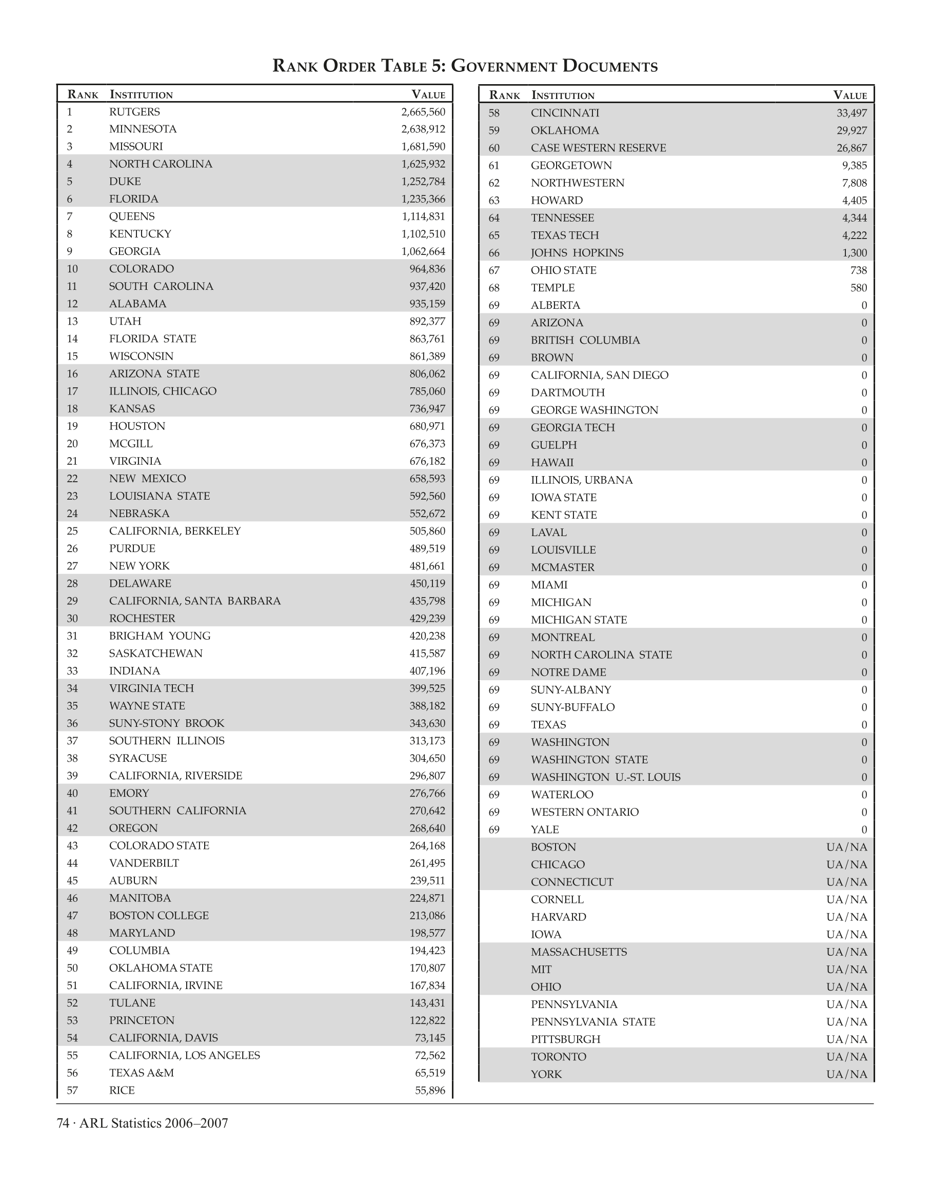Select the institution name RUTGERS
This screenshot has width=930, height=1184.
click(x=134, y=112)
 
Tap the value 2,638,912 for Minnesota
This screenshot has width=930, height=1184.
click(x=423, y=130)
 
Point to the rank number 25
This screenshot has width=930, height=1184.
click(x=72, y=531)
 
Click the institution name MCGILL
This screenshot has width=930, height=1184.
click(x=131, y=444)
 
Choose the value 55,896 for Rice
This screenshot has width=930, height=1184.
click(x=430, y=1090)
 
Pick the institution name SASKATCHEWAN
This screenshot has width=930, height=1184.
click(x=156, y=654)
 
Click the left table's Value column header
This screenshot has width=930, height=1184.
click(x=428, y=95)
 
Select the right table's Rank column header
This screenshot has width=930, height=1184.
click(x=504, y=96)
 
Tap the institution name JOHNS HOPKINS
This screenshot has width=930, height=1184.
click(x=577, y=253)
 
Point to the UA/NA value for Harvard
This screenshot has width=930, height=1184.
click(x=846, y=917)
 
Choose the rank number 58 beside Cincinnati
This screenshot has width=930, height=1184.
click(x=494, y=113)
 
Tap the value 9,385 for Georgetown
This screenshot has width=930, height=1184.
click(x=854, y=166)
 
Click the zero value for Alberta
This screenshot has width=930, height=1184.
click(x=864, y=306)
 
